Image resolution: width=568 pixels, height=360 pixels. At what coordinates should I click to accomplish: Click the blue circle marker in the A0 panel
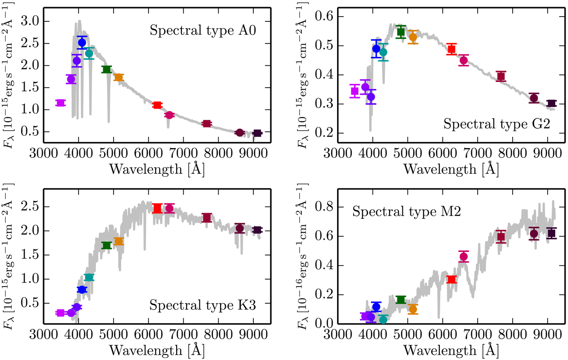[x=82, y=43]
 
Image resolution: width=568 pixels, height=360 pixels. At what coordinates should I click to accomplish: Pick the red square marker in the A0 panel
[x=158, y=105]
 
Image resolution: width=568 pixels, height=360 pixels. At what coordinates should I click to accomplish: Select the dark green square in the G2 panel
[x=401, y=32]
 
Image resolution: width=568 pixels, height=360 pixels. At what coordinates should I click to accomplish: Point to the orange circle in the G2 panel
[x=413, y=37]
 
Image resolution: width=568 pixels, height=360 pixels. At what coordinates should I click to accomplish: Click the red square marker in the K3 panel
[x=158, y=208]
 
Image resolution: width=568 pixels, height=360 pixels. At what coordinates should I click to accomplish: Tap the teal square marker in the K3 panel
[x=89, y=277]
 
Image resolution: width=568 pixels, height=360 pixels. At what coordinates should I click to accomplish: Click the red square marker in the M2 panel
[x=452, y=279]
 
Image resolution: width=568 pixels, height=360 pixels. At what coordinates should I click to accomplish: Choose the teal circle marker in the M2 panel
[x=383, y=319]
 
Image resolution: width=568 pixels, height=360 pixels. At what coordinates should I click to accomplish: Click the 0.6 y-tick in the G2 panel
[x=326, y=17]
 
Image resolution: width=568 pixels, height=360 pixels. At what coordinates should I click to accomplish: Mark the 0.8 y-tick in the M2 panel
[x=326, y=207]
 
